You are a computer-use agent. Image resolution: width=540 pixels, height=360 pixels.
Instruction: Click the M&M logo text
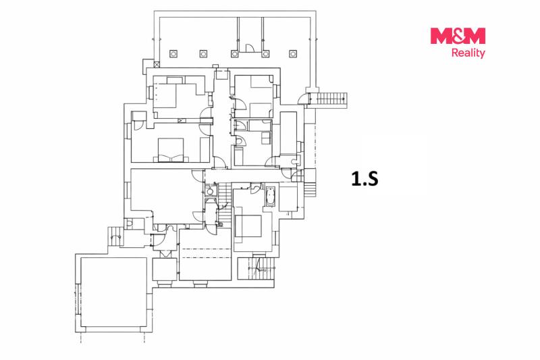[x=458, y=36]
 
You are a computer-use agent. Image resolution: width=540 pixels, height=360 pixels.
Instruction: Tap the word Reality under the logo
[x=468, y=53]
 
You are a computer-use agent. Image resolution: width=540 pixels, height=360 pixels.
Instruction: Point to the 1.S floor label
[x=364, y=179]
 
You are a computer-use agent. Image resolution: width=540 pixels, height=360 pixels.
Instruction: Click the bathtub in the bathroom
[x=271, y=197]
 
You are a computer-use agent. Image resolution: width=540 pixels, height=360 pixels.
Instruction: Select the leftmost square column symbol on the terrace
[x=173, y=54]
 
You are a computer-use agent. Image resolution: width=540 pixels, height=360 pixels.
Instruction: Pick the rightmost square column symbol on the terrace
[x=293, y=54]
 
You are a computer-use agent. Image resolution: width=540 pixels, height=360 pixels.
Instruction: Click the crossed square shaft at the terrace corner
[x=157, y=64]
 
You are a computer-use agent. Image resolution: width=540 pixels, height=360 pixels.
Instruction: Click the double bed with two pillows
[x=171, y=150]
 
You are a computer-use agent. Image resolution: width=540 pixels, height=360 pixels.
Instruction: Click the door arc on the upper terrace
[x=250, y=48]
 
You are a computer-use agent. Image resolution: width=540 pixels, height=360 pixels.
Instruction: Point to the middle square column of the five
[x=234, y=54]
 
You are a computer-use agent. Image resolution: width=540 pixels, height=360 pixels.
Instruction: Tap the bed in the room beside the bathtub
[x=248, y=226]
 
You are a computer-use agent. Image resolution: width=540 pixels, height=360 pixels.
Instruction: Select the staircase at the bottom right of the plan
[x=256, y=269]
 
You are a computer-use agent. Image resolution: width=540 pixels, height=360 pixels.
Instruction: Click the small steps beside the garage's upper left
[x=114, y=236]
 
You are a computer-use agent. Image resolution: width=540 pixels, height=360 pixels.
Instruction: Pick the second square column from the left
[x=204, y=54]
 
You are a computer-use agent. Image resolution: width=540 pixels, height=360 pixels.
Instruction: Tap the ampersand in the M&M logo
[x=458, y=36]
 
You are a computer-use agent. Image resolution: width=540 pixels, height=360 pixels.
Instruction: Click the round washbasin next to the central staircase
[x=210, y=192]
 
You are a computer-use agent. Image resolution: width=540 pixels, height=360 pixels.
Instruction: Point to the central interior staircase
[x=225, y=203]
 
